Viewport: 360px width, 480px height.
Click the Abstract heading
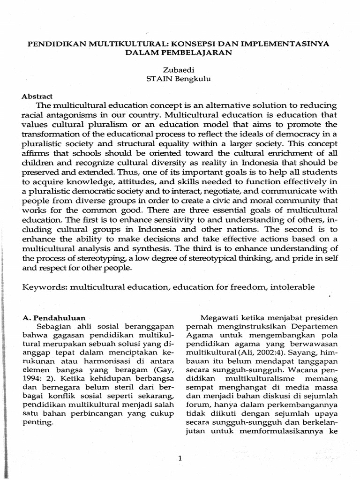tap(37, 95)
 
